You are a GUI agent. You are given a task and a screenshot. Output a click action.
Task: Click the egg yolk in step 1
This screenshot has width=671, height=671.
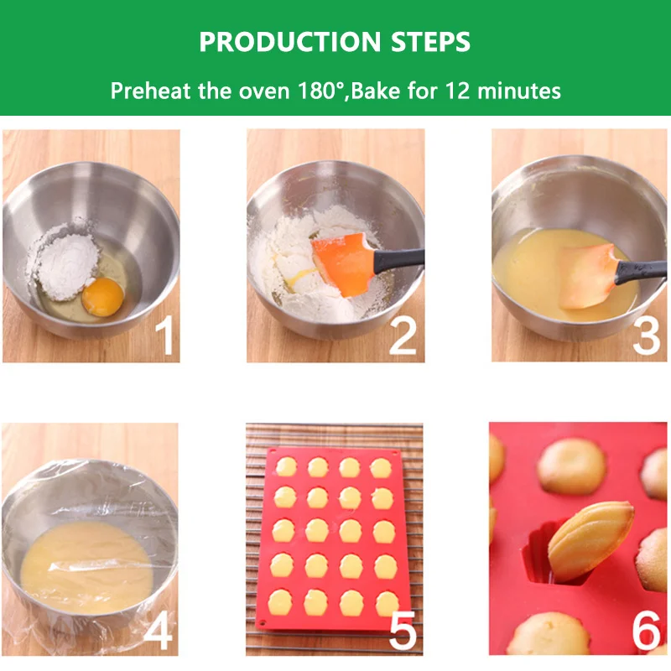[x=102, y=297]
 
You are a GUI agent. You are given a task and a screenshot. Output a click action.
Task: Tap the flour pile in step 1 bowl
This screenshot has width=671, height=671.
[x=65, y=262]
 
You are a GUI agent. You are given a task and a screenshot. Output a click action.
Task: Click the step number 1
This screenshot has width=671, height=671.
[x=164, y=335]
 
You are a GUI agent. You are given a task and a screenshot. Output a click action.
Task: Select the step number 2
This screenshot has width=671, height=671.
[x=403, y=335]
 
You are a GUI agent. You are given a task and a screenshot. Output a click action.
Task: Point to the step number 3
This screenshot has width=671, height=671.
[x=646, y=335]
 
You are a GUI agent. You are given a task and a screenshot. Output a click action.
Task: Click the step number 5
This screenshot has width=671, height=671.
[x=403, y=630]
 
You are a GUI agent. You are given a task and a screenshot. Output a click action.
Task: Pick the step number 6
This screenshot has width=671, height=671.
[x=647, y=630]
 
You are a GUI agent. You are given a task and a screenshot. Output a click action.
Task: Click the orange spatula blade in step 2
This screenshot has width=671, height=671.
[x=343, y=264]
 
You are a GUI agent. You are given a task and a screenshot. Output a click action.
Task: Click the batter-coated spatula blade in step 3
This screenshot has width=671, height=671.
[x=586, y=276]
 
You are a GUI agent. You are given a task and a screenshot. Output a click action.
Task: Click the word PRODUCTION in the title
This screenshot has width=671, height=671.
[x=289, y=42]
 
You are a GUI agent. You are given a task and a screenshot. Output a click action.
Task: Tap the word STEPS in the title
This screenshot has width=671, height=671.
[x=430, y=42]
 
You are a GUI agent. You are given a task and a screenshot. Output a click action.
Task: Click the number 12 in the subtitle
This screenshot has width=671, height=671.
[x=458, y=91]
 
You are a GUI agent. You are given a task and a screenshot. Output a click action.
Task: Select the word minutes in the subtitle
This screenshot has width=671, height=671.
[x=518, y=91]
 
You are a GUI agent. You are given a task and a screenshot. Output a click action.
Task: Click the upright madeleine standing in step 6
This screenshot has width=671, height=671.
[x=590, y=541]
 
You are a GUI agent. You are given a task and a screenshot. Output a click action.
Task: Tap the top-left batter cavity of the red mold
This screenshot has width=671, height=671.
[x=286, y=467]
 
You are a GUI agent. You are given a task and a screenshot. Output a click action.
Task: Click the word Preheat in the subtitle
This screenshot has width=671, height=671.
[x=150, y=91]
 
